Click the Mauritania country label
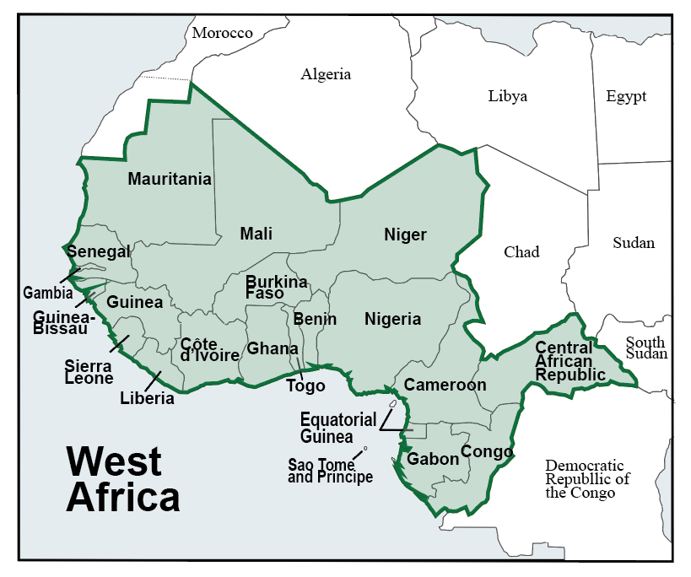coord(170,179)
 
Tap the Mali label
coord(256,234)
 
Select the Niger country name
coord(405,235)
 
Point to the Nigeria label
coord(392,319)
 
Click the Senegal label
coord(99,252)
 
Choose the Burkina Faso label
coord(276,288)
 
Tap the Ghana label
coord(272,348)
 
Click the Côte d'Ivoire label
coord(210,349)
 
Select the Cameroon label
coord(445,385)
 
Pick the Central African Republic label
coord(570,360)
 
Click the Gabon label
coord(433,459)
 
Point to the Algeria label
coord(326,74)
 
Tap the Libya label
coord(507,95)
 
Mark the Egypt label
coord(626,95)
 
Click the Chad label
coord(521,251)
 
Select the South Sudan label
coord(645,348)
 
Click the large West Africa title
coord(122,480)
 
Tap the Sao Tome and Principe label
coord(330,471)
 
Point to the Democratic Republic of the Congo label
coord(587,478)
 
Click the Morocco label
coord(222,33)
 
